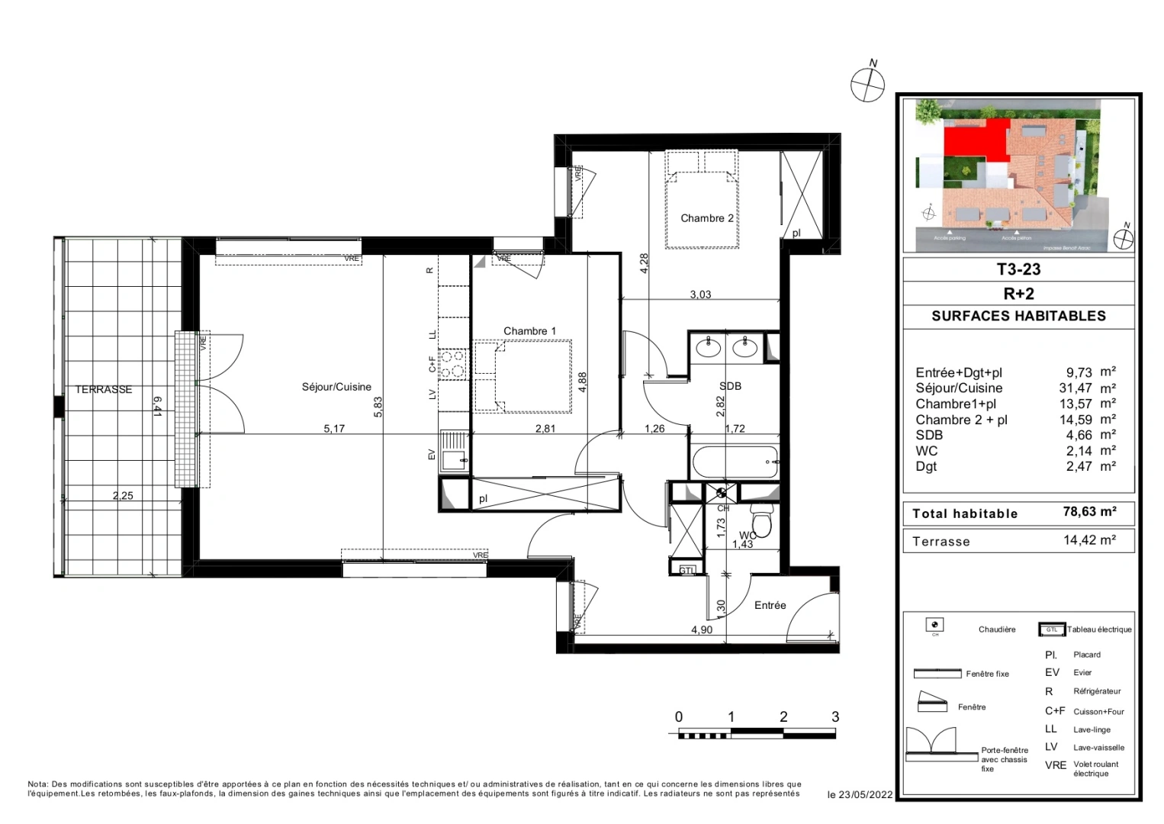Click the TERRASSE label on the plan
pyautogui.click(x=104, y=389)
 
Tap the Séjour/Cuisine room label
pyautogui.click(x=336, y=387)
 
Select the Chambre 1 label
pyautogui.click(x=529, y=331)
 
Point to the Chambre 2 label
pyautogui.click(x=706, y=218)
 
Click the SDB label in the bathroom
pyautogui.click(x=730, y=386)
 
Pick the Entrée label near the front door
pyautogui.click(x=770, y=605)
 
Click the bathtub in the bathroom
pyautogui.click(x=735, y=462)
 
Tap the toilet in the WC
pyautogui.click(x=761, y=522)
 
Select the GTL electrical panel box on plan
pyautogui.click(x=687, y=570)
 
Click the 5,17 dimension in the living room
pyautogui.click(x=334, y=429)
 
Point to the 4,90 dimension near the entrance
pyautogui.click(x=702, y=629)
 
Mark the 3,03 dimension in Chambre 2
pyautogui.click(x=700, y=295)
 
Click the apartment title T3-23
pyautogui.click(x=1018, y=269)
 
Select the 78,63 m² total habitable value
pyautogui.click(x=1089, y=512)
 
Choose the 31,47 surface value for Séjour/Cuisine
pyautogui.click(x=1075, y=388)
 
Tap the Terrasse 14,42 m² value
pyautogui.click(x=1089, y=540)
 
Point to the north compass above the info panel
pyautogui.click(x=868, y=82)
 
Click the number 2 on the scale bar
pyautogui.click(x=783, y=716)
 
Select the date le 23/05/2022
pyautogui.click(x=860, y=794)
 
